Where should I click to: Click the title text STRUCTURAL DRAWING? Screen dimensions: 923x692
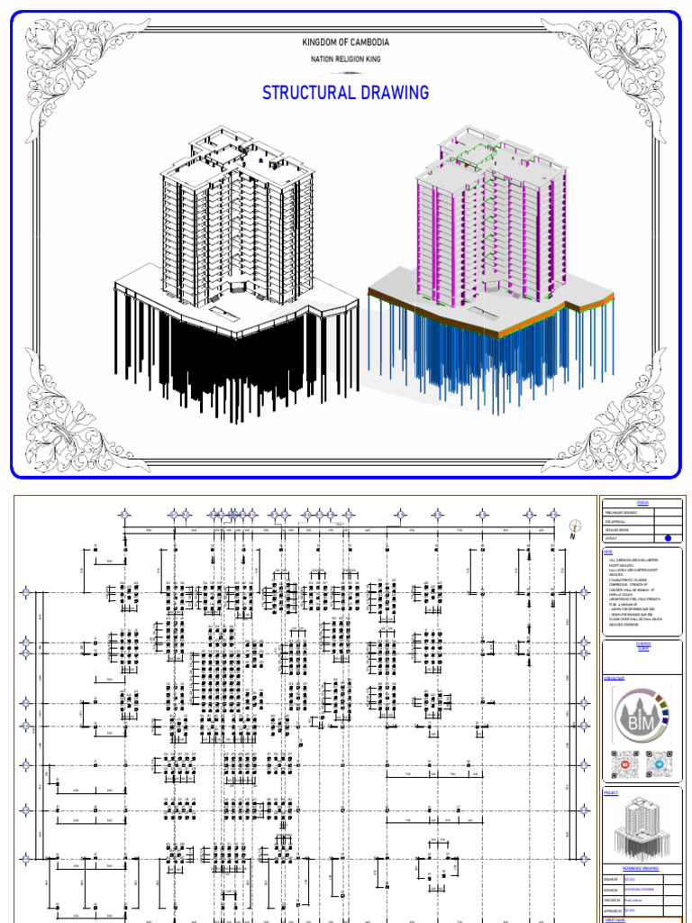pyautogui.click(x=345, y=93)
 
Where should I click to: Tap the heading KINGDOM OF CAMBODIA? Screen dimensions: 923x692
pyautogui.click(x=345, y=42)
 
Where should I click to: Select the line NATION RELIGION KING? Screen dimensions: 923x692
pyautogui.click(x=345, y=59)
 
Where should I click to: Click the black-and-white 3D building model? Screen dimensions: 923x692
pyautogui.click(x=236, y=270)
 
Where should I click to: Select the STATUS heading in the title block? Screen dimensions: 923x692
pyautogui.click(x=642, y=503)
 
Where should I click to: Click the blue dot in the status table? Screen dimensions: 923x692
pyautogui.click(x=668, y=538)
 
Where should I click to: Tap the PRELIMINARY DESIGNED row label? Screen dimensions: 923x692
pyautogui.click(x=622, y=513)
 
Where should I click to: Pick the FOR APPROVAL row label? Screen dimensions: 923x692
pyautogui.click(x=616, y=521)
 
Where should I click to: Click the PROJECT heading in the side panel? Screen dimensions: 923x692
pyautogui.click(x=610, y=792)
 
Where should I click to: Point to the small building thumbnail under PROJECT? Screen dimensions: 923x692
pyautogui.click(x=642, y=828)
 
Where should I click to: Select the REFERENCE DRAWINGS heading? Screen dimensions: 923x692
pyautogui.click(x=642, y=869)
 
